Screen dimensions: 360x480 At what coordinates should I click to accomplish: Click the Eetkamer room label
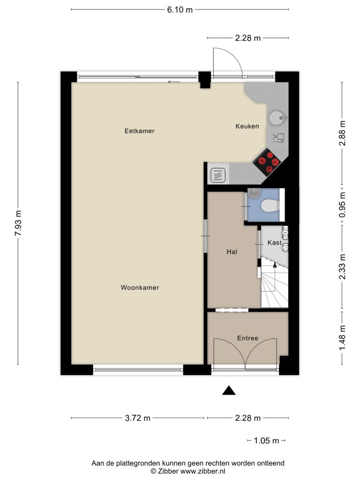click(x=139, y=131)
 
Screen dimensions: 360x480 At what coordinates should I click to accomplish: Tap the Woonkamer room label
click(x=140, y=287)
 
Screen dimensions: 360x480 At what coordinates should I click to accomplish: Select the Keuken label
click(x=247, y=126)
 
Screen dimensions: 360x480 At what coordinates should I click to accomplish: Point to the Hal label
click(x=232, y=252)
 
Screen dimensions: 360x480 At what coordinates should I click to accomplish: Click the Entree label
click(x=247, y=338)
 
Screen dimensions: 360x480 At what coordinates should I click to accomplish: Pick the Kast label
click(x=274, y=242)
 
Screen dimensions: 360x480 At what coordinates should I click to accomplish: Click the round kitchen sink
click(x=277, y=118)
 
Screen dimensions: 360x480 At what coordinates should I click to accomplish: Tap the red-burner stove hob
click(x=267, y=162)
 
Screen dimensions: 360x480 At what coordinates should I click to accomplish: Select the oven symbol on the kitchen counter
click(x=218, y=176)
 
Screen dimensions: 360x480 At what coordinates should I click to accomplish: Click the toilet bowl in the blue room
click(x=270, y=206)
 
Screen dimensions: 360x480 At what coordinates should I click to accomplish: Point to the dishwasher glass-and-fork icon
click(x=278, y=138)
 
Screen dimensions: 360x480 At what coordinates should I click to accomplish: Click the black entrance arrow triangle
click(x=229, y=390)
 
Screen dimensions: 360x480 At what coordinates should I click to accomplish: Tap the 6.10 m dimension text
click(x=180, y=10)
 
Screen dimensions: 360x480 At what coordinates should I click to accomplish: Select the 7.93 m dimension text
click(x=18, y=223)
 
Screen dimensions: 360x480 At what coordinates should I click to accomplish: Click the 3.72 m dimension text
click(x=137, y=418)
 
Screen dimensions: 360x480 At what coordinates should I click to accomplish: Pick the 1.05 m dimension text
click(x=266, y=441)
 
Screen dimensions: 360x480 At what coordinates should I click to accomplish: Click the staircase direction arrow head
click(x=275, y=265)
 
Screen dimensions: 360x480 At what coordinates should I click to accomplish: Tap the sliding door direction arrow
click(x=174, y=82)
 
